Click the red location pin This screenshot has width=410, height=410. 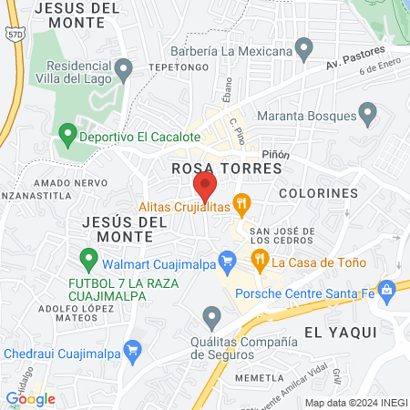(x=205, y=188)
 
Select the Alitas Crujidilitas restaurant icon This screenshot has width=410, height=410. (x=241, y=204)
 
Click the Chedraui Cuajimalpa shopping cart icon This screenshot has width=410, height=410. (x=133, y=348)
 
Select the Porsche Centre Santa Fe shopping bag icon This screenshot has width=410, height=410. (x=387, y=292)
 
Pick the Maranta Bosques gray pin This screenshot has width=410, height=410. (x=368, y=114)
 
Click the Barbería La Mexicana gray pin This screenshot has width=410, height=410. (x=305, y=47)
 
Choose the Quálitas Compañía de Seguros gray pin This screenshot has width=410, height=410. (x=212, y=318)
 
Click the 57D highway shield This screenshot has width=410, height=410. (x=13, y=34)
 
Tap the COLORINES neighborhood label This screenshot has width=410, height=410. (x=318, y=193)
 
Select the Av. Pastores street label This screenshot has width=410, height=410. (x=356, y=59)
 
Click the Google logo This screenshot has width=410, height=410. (x=30, y=398)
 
